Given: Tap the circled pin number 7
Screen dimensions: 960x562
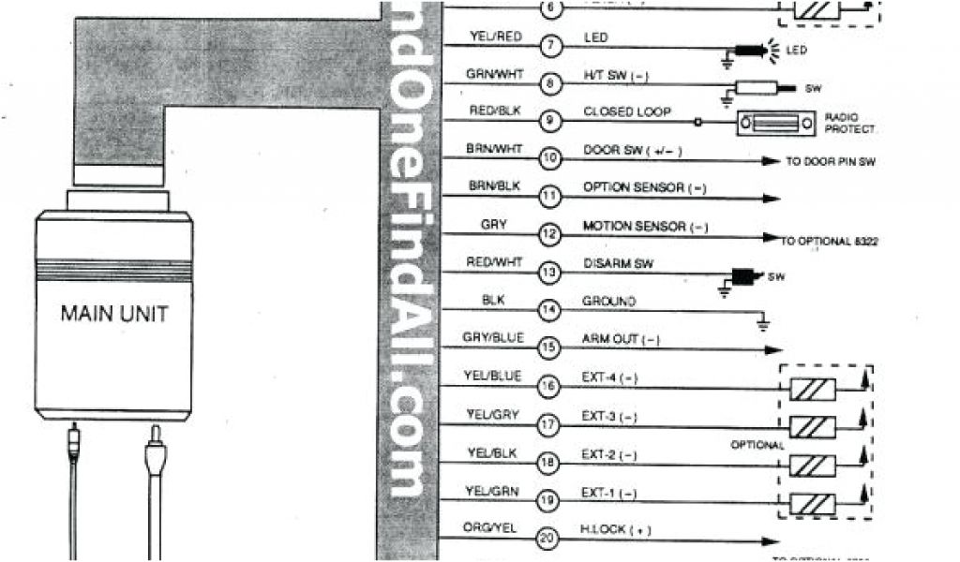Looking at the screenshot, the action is click(550, 45).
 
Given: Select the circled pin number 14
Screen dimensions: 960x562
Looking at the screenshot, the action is click(550, 310).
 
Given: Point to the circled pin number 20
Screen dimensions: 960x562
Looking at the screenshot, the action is click(550, 539).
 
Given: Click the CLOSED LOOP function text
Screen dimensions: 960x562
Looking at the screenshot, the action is click(627, 112).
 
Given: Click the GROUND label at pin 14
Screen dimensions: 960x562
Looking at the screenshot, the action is click(609, 302).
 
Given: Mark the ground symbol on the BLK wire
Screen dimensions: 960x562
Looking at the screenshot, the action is click(762, 325).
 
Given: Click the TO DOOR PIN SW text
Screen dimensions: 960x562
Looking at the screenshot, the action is click(830, 162).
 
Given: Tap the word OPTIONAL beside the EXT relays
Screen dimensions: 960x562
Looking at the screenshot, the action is click(757, 446).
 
